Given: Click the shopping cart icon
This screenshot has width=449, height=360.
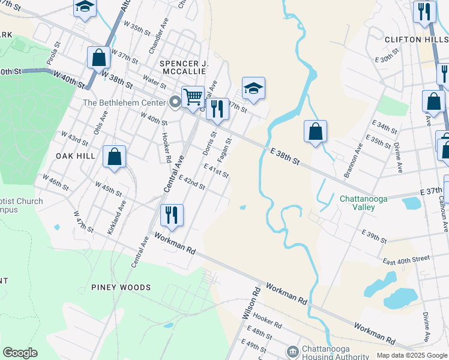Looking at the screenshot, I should pyautogui.click(x=193, y=96).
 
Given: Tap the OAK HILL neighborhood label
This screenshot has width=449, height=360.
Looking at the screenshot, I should pyautogui.click(x=76, y=156).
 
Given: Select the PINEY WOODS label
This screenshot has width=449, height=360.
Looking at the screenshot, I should pyautogui.click(x=121, y=287).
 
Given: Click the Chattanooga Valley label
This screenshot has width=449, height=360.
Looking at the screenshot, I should pyautogui.click(x=366, y=203).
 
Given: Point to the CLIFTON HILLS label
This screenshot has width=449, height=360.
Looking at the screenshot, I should pyautogui.click(x=415, y=39).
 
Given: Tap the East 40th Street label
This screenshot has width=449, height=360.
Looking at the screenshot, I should pyautogui.click(x=407, y=259).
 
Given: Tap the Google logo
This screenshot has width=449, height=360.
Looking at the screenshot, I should pyautogui.click(x=20, y=353).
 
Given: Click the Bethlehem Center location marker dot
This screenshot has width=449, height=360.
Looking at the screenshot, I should pyautogui.click(x=175, y=102).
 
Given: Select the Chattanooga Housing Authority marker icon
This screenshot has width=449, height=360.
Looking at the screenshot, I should pyautogui.click(x=293, y=350).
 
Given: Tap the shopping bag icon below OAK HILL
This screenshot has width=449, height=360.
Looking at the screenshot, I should pyautogui.click(x=114, y=157).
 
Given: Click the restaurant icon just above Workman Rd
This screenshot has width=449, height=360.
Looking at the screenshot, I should pyautogui.click(x=172, y=215).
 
